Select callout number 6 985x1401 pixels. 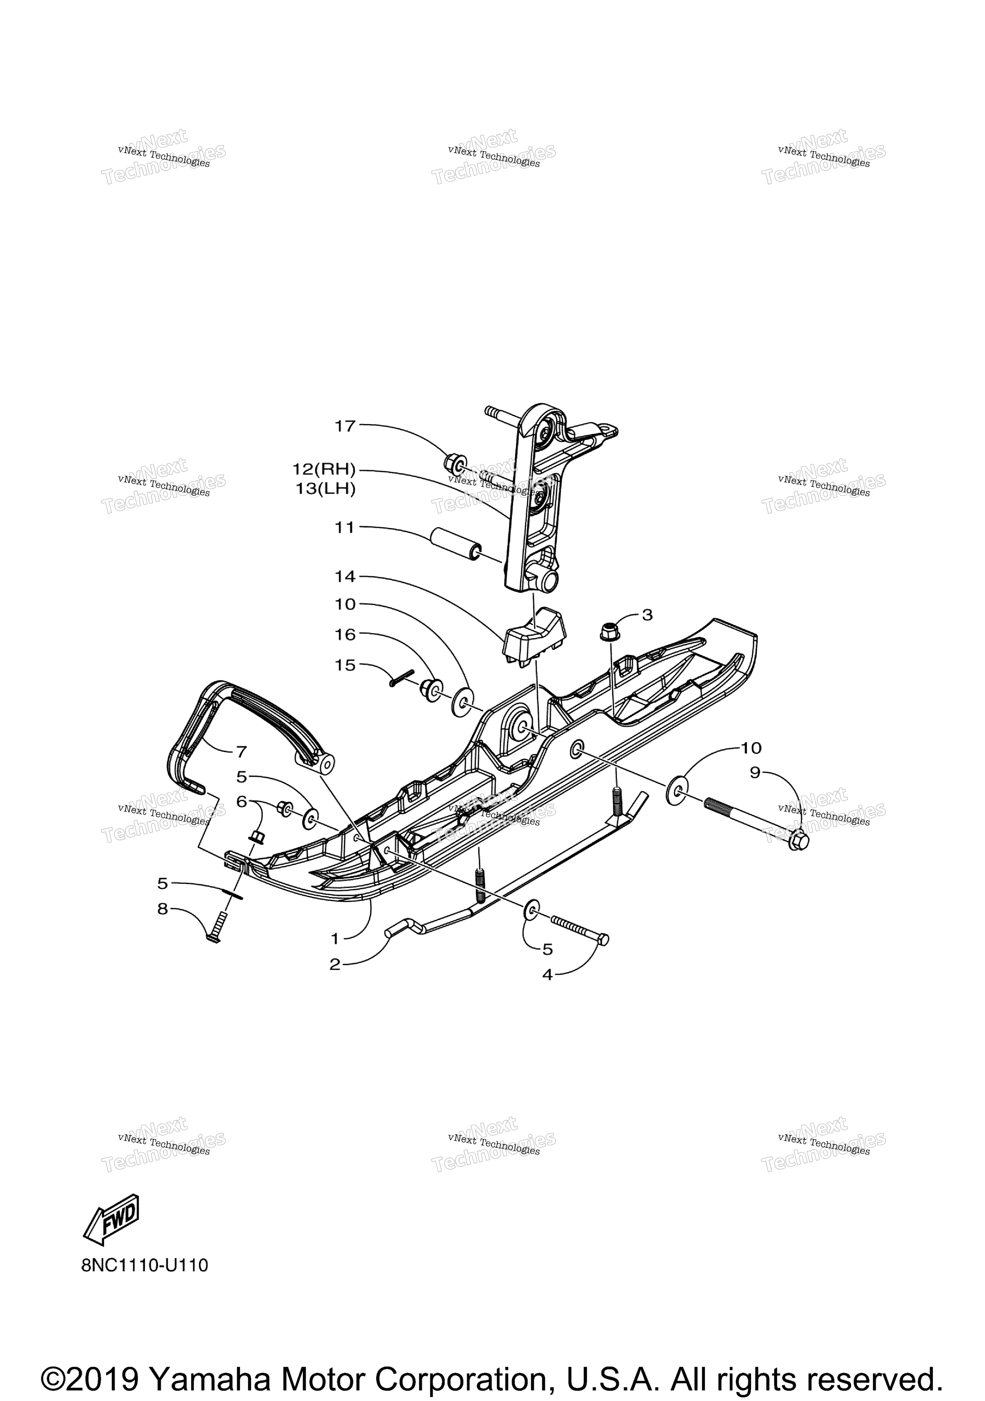[242, 801]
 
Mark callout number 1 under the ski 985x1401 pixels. [335, 938]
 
